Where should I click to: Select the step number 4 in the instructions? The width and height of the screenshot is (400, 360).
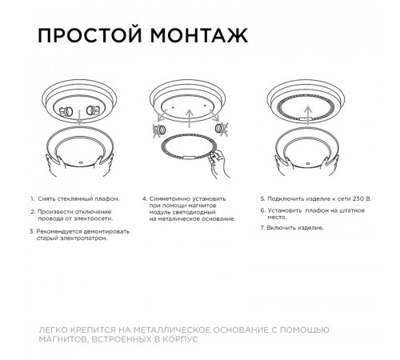[145, 197]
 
